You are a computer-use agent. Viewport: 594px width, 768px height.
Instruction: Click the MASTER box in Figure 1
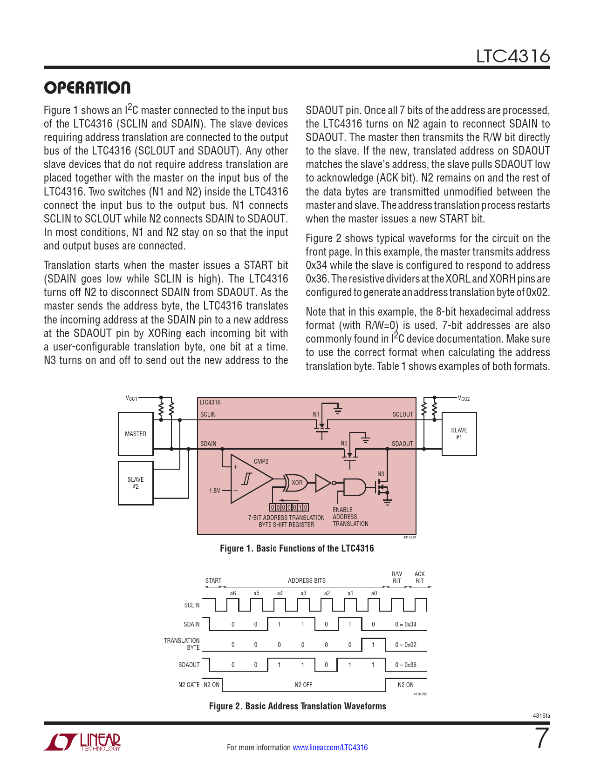coord(136,434)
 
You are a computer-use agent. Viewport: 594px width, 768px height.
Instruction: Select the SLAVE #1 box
coord(459,434)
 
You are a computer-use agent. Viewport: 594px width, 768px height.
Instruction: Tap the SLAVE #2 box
coord(136,483)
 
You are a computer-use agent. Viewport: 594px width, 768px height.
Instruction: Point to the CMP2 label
coord(261,461)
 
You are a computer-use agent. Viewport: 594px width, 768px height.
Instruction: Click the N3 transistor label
coord(381,474)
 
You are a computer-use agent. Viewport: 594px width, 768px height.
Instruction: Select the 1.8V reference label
coord(214,491)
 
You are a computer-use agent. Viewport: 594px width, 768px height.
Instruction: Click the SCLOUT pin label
coord(403,414)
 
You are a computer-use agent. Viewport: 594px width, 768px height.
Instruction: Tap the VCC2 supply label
coord(464,398)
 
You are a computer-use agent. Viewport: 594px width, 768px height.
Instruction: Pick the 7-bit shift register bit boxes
coord(289,507)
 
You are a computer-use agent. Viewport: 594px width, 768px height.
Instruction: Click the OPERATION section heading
coord(87,88)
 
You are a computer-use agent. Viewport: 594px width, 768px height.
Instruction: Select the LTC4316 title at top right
coord(512,56)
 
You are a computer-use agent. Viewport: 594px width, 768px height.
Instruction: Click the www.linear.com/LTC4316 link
coord(330,748)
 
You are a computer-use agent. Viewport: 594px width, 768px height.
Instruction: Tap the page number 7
coord(542,739)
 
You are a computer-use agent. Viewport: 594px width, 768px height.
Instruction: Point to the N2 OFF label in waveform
coord(303,685)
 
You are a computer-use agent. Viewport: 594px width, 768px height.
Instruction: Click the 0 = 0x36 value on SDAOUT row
coord(406,665)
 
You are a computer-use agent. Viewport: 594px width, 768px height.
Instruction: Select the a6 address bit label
coord(233,593)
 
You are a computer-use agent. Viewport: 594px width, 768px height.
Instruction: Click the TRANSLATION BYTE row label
coord(182,644)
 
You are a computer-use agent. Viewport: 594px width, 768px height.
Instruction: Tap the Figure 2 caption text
coord(297,706)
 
